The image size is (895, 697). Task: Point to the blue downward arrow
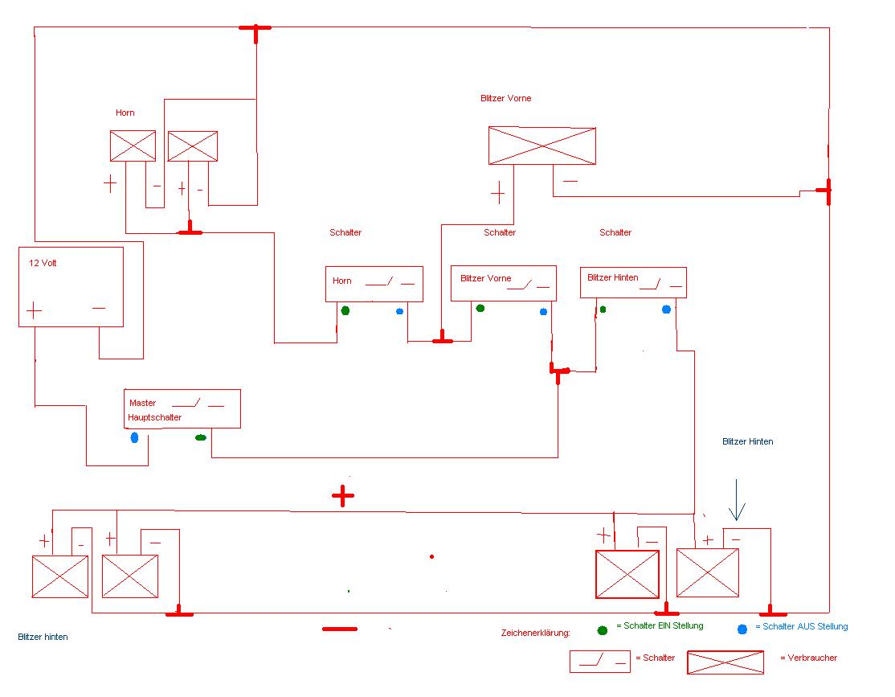736,500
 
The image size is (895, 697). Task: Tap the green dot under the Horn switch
345,311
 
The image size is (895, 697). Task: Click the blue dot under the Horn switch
399,311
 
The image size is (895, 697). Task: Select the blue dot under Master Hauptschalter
134,437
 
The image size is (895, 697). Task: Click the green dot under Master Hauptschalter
200,437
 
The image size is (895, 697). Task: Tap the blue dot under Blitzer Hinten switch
666,309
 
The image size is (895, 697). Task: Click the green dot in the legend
603,631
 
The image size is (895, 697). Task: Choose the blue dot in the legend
742,629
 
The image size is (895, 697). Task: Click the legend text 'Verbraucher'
812,658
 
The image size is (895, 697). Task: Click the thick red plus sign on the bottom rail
342,496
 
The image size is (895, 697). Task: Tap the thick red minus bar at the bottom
340,629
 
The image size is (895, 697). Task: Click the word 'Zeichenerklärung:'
535,633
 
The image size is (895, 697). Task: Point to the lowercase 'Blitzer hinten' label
43,637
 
